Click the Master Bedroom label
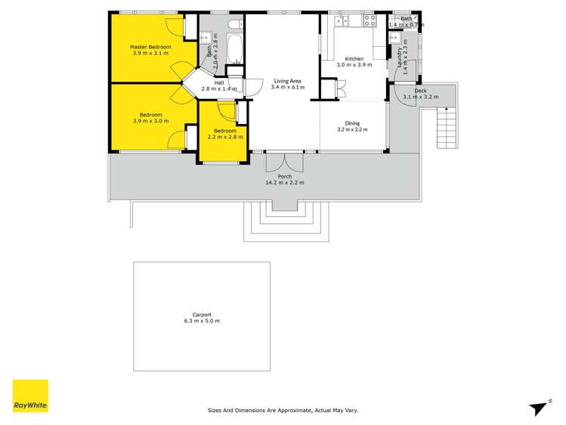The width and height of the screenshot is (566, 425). coord(151,47)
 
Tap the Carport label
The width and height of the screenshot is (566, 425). coord(201,315)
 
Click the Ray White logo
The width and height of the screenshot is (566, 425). coord(30,396)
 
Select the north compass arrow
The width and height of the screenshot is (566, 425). coord(539,408)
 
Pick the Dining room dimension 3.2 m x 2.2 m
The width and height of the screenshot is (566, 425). coord(352,130)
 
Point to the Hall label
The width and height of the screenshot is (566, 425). coord(218,82)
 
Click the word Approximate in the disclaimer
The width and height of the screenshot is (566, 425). coord(294,411)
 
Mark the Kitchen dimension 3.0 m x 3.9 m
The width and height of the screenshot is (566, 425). coord(354,66)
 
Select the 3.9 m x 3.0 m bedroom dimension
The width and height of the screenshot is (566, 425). coord(150,121)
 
